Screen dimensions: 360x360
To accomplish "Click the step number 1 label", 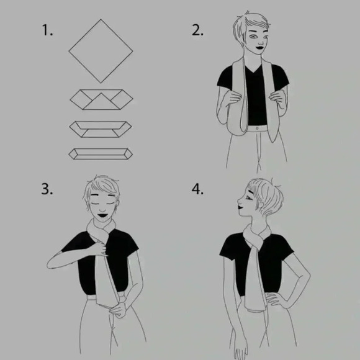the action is click(x=47, y=30).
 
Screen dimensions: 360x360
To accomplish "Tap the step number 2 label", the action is click(x=197, y=30).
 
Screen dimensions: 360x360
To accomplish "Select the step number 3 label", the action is click(x=47, y=189).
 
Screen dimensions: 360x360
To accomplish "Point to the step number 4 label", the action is click(x=197, y=189).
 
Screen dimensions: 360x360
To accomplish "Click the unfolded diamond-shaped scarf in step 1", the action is click(x=101, y=51).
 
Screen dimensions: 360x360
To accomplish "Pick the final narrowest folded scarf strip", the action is click(x=101, y=154).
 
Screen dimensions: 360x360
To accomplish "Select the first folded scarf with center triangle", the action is click(x=101, y=99).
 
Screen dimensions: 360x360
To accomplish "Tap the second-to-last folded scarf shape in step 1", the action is click(x=101, y=129).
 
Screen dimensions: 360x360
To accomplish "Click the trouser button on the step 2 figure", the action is click(x=257, y=128).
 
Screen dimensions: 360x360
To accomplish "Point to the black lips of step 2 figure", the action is click(x=260, y=48).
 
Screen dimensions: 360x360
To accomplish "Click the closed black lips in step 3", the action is click(x=102, y=215).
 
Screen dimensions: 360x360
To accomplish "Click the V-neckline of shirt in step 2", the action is click(x=253, y=69).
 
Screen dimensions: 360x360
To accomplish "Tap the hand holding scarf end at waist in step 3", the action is click(x=117, y=310).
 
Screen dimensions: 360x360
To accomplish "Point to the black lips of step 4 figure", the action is click(x=241, y=208).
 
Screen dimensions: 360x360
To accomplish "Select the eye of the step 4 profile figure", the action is click(x=249, y=197).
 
